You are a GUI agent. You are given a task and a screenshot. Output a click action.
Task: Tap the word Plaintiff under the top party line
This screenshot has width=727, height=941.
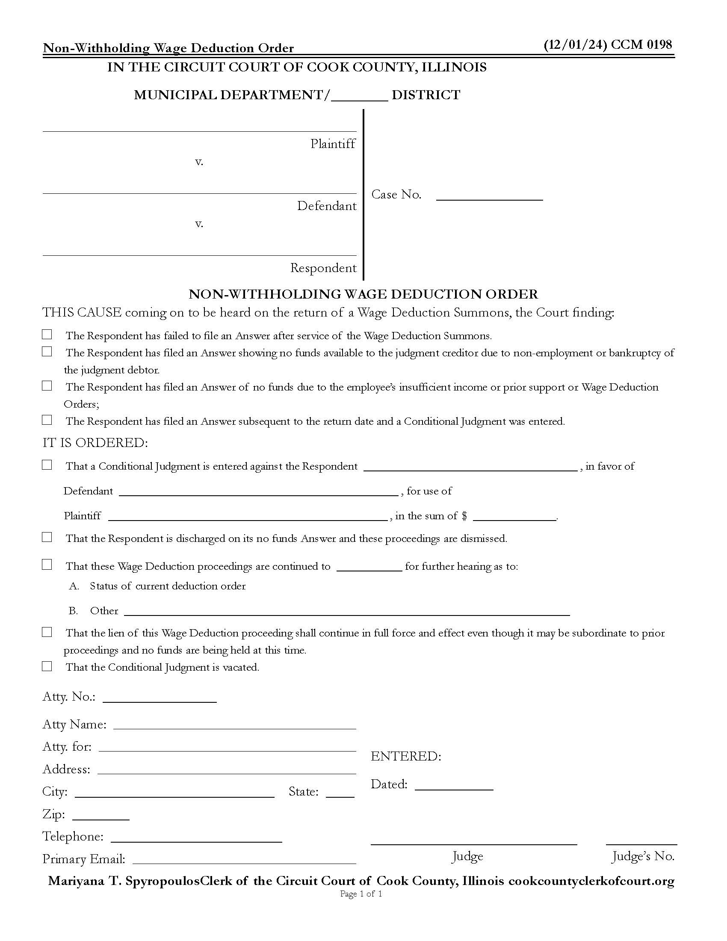pos(332,143)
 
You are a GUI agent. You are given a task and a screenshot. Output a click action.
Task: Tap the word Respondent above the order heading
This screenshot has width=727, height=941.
pos(323,268)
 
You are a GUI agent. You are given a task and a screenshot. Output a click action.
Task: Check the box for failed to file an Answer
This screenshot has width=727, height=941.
pos(47,334)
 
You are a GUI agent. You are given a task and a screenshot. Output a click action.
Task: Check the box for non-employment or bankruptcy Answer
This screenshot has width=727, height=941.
pos(47,352)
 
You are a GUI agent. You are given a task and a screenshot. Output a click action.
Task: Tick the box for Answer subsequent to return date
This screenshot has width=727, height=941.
pos(47,420)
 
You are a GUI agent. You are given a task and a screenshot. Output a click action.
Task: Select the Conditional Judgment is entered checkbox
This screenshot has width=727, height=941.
pos(47,465)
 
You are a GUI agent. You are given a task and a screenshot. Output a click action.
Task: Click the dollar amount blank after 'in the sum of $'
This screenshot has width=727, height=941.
pos(514,517)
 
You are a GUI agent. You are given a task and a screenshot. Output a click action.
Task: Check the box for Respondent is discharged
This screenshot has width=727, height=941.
pos(47,537)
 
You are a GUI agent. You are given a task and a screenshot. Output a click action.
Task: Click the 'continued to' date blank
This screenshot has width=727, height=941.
pos(369,568)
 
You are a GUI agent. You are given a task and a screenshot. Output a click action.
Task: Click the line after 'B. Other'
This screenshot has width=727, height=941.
pos(347,612)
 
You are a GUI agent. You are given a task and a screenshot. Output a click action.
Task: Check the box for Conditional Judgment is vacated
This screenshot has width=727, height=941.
pos(47,666)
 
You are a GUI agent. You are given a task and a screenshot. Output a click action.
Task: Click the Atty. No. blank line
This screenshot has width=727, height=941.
pos(160,699)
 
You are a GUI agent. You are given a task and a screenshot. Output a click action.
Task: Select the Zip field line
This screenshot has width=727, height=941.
pos(101,816)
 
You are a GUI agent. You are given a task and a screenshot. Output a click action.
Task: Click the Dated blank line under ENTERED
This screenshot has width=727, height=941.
pos(453,786)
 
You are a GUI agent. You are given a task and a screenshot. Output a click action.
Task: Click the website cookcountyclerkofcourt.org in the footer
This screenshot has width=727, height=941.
pos(591,881)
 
